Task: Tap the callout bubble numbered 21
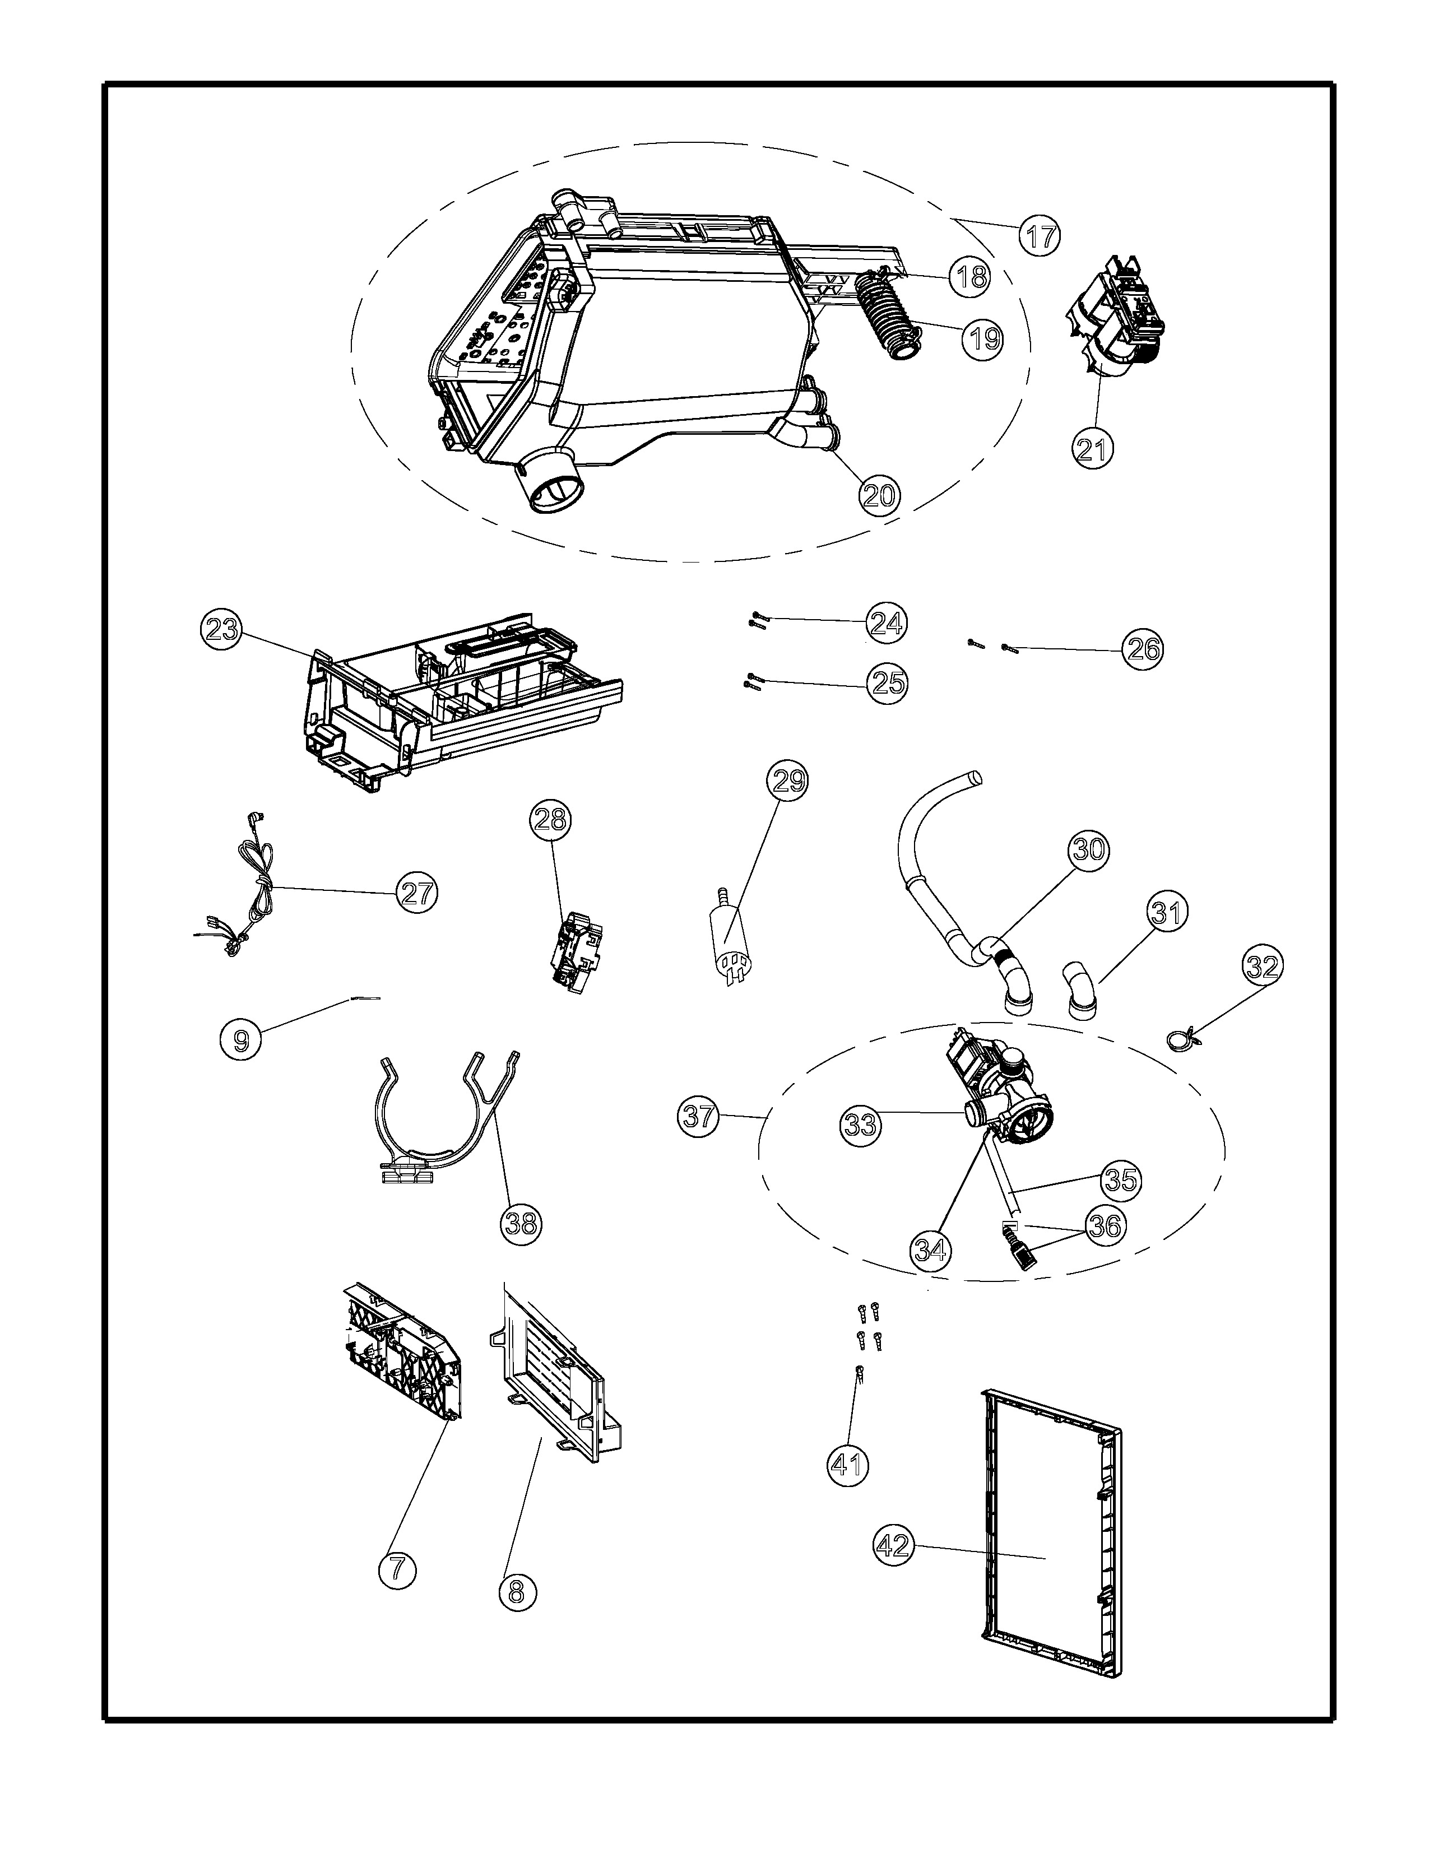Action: tap(1092, 448)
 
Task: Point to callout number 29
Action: tap(787, 781)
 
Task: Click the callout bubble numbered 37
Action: tap(699, 1117)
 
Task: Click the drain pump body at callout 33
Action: tap(1008, 1092)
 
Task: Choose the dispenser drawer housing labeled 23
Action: tap(457, 703)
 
